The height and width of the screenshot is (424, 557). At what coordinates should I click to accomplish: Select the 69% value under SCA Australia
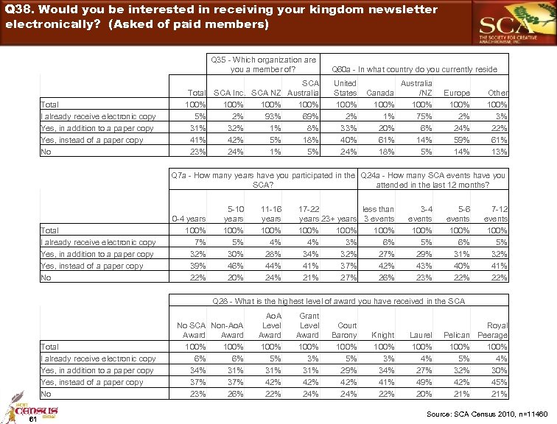click(311, 116)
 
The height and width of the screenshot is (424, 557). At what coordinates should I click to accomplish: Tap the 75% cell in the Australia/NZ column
click(424, 116)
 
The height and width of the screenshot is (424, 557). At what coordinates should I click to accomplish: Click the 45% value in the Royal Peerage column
click(500, 382)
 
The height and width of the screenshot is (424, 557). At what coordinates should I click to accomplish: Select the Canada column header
click(381, 93)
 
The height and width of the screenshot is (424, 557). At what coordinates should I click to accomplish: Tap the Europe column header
click(457, 93)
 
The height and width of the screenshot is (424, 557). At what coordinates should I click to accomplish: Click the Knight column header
click(383, 336)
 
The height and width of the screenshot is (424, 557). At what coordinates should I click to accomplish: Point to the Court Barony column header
click(346, 330)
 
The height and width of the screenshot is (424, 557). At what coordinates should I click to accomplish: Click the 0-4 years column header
click(189, 219)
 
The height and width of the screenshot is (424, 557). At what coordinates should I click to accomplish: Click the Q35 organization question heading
click(263, 64)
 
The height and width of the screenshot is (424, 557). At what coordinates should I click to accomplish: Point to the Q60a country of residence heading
click(415, 69)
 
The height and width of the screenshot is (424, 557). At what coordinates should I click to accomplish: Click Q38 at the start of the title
click(20, 10)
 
